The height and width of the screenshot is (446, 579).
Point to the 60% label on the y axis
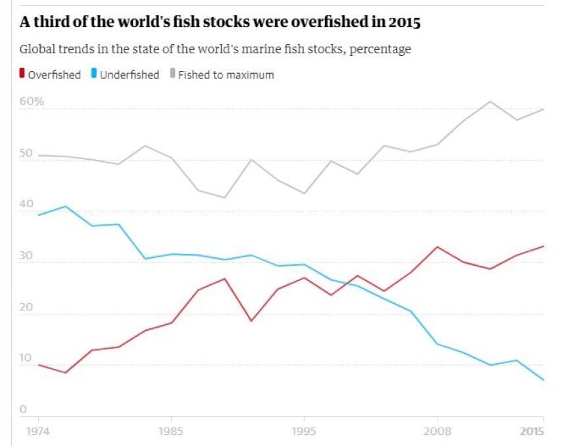32,102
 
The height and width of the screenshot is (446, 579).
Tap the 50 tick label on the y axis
26,153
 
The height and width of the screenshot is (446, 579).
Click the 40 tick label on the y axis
26,205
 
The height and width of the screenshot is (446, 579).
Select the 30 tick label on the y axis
26,256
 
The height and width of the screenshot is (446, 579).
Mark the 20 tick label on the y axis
26,307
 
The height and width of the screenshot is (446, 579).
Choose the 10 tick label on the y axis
25,359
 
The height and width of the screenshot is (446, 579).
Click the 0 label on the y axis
23,410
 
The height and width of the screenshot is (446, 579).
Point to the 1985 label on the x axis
171,433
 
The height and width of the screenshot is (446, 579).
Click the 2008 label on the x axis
437,433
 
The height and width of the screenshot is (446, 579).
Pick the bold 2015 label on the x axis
532,433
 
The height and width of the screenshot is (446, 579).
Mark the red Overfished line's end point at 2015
543,246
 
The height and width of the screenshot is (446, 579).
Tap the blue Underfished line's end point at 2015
543,380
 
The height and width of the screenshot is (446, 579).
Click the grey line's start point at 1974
39,155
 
